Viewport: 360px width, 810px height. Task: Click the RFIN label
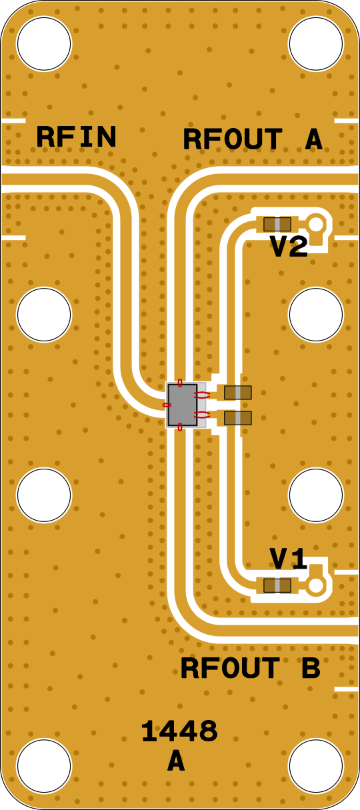pos(76,137)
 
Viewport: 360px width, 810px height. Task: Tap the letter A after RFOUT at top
pos(313,139)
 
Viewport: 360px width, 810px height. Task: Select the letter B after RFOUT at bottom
pos(311,667)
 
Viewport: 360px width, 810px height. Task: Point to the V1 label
pos(289,559)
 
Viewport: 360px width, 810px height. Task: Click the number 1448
pos(179,731)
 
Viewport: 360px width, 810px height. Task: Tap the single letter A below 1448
pos(176,759)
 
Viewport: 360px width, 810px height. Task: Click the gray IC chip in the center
pos(183,405)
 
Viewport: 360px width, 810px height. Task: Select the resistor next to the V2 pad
pos(277,224)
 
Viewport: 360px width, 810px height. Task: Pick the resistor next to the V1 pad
pos(277,585)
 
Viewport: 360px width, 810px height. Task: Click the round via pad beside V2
pos(316,224)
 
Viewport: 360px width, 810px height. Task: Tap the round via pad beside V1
pos(316,585)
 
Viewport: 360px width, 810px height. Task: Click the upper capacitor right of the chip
pos(238,393)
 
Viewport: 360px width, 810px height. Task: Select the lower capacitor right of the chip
pos(238,417)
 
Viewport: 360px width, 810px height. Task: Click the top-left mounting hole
pos(44,43)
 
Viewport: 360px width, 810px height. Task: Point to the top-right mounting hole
pos(315,43)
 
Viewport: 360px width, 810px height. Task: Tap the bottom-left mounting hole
pos(44,766)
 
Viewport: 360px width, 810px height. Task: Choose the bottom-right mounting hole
pos(315,766)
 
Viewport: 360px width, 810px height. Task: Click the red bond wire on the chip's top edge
pos(181,383)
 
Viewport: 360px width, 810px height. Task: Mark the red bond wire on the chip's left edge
pos(167,405)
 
